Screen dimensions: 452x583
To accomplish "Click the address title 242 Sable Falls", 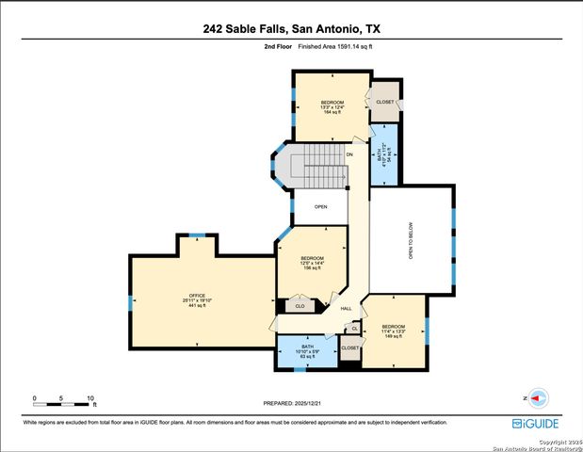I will [291, 29].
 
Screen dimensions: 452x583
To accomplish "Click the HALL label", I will [346, 308].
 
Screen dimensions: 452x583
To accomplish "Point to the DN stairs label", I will [349, 153].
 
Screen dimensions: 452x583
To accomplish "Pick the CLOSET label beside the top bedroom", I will [384, 102].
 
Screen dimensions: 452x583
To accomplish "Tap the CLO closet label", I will [300, 306].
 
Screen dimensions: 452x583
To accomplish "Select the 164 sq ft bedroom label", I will [332, 107].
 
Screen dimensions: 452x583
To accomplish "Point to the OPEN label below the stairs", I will [320, 206].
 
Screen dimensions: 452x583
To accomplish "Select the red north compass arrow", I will [539, 398].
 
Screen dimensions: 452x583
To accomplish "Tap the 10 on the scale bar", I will [91, 399].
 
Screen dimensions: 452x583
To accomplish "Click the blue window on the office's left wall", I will [130, 302].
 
